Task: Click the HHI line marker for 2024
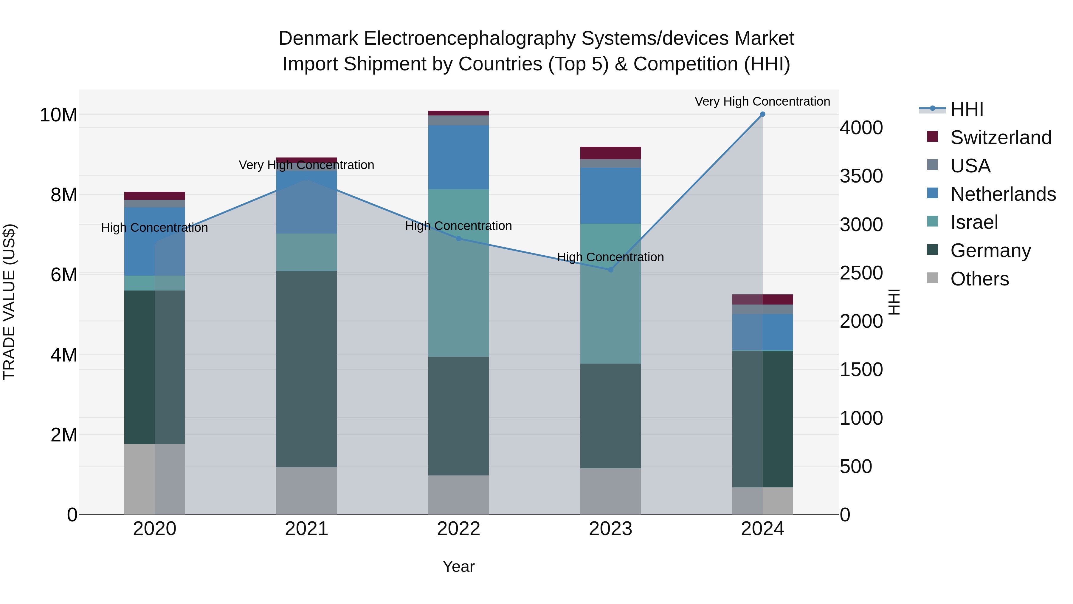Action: [x=763, y=114]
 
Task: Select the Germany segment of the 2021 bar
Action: [x=307, y=369]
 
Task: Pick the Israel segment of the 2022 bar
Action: [x=459, y=273]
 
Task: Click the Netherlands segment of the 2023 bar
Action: [x=611, y=195]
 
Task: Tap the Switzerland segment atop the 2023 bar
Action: [x=611, y=153]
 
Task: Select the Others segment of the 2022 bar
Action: [x=459, y=495]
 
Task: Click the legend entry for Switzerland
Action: [x=1001, y=138]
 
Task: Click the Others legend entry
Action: [x=979, y=279]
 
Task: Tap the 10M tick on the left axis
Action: [x=58, y=115]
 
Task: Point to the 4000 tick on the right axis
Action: [x=861, y=128]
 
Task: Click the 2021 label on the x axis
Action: [x=307, y=529]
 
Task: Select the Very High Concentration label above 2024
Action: [x=762, y=101]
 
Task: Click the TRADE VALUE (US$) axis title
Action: [x=9, y=302]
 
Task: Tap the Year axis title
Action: [x=459, y=566]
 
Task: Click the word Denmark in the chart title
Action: [x=318, y=38]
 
